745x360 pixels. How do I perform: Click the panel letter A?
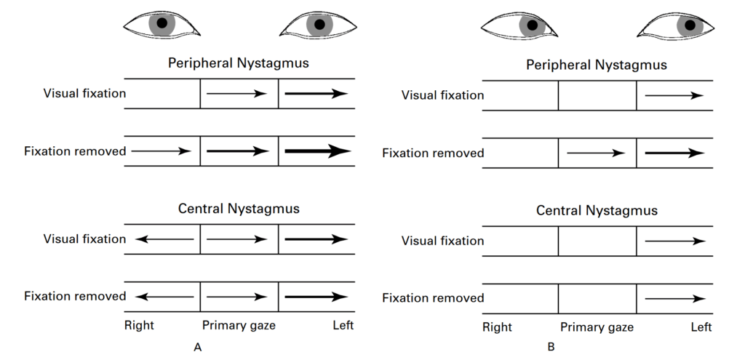click(x=197, y=348)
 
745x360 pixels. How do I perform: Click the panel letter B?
click(x=551, y=348)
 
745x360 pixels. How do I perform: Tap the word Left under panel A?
click(x=343, y=325)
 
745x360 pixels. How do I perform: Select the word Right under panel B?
click(x=497, y=327)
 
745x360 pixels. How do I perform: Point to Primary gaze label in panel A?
click(x=239, y=325)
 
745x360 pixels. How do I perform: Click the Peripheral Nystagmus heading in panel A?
click(x=239, y=63)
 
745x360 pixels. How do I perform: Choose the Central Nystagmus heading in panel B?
click(x=597, y=211)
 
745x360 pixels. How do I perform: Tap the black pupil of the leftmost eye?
click(x=162, y=24)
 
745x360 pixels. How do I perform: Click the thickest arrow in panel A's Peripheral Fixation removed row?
click(x=317, y=151)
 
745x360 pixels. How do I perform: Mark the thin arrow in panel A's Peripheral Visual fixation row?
click(x=237, y=93)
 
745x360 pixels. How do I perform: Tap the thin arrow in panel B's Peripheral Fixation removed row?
click(x=595, y=153)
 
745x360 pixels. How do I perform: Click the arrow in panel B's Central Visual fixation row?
click(x=674, y=241)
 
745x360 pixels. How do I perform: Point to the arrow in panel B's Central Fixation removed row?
click(x=674, y=298)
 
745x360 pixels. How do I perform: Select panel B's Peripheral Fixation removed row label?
click(x=433, y=153)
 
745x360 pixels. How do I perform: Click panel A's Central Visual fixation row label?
click(x=84, y=239)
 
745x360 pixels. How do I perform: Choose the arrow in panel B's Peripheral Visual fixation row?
click(x=674, y=95)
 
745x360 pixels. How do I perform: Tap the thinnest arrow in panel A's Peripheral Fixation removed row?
click(x=161, y=151)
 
